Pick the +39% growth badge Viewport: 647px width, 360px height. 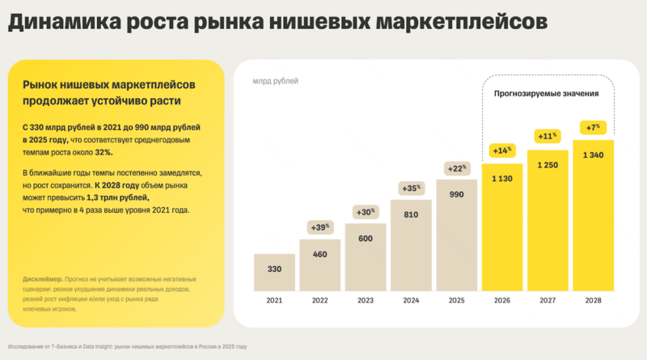tap(320, 227)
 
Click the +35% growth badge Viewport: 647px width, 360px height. tap(412, 188)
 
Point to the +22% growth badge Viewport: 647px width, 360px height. tap(457, 168)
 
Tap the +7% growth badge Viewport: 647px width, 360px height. tap(594, 128)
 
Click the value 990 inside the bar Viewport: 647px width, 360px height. tap(457, 196)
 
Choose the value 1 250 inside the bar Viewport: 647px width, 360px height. tap(548, 166)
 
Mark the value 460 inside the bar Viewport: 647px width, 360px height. tap(320, 254)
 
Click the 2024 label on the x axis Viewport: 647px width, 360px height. tap(412, 300)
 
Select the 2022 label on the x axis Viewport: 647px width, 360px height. tap(320, 300)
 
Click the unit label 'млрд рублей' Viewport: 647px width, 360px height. tap(275, 82)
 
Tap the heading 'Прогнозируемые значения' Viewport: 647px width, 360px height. tap(547, 94)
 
